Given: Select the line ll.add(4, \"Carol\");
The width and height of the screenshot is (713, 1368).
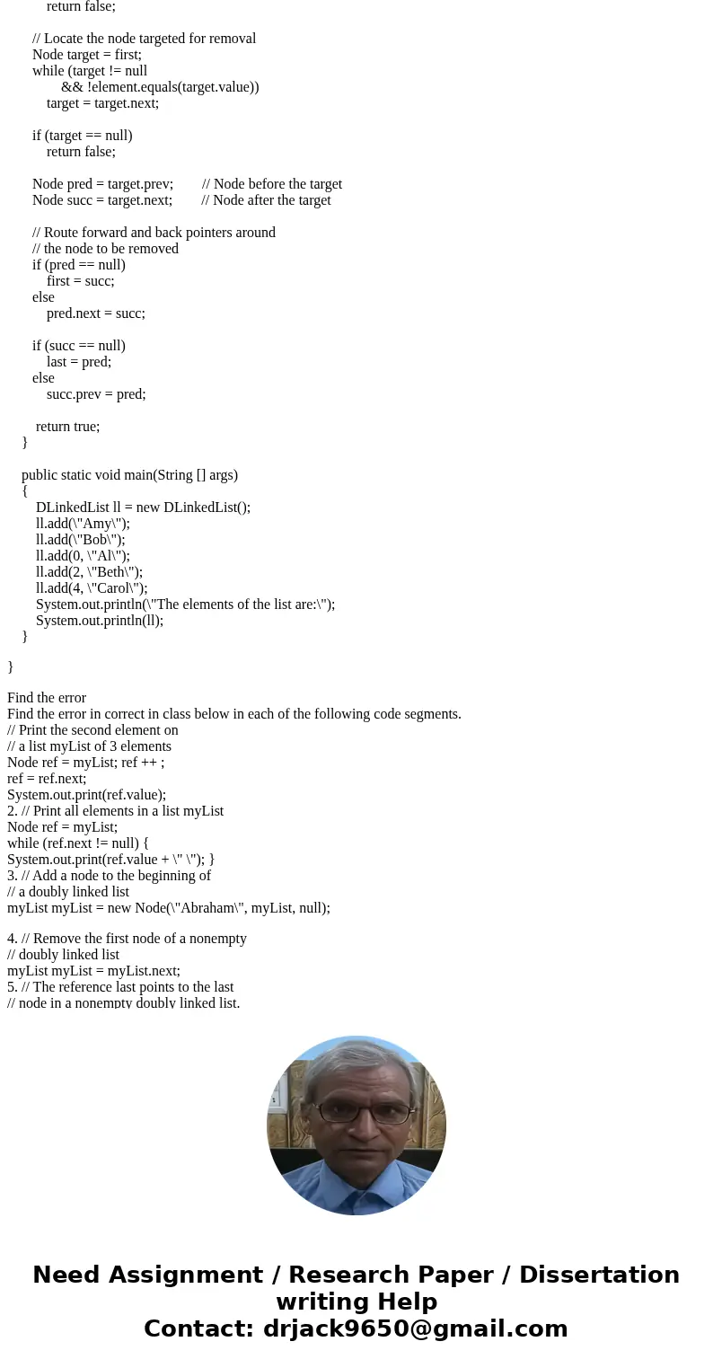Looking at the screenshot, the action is click(92, 587).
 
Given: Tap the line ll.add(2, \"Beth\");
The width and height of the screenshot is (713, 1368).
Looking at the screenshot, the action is click(89, 571).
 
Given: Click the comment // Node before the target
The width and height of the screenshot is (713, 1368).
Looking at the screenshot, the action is click(271, 183).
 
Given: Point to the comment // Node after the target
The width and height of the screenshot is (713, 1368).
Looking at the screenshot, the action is click(266, 199).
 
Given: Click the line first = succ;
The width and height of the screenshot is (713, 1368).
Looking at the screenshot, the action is click(80, 280).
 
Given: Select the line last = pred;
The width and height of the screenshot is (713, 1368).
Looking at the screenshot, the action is click(79, 361).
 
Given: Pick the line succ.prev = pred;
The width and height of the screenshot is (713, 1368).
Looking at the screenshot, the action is click(96, 393).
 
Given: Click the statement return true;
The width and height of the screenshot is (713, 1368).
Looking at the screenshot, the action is click(67, 426).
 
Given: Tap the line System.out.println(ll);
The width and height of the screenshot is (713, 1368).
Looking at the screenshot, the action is click(100, 620).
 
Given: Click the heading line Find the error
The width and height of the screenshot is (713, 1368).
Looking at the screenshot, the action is click(47, 697).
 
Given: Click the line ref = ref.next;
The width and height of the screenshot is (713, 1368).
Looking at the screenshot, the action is click(47, 778).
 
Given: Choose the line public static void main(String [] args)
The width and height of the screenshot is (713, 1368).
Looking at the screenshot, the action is click(129, 474).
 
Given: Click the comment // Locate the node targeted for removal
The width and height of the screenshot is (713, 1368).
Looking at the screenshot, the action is click(144, 38).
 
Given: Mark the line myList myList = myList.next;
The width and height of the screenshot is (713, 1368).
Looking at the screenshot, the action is click(93, 970).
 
